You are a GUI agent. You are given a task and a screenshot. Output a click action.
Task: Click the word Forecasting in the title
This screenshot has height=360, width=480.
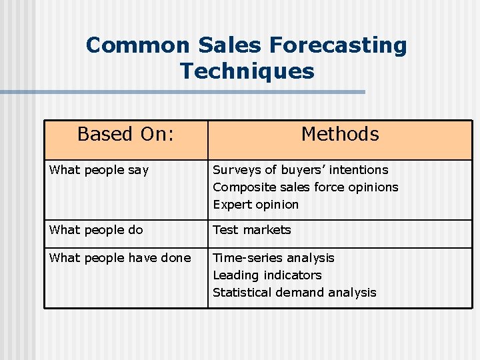pyautogui.click(x=338, y=45)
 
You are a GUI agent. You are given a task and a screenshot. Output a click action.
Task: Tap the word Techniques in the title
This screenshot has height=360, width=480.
pyautogui.click(x=247, y=71)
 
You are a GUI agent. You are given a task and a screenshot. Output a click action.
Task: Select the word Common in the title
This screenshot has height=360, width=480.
pyautogui.click(x=138, y=45)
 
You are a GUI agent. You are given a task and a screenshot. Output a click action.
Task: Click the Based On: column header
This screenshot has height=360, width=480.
pyautogui.click(x=125, y=134)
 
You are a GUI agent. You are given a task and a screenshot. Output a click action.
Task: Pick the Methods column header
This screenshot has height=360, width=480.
pyautogui.click(x=340, y=134)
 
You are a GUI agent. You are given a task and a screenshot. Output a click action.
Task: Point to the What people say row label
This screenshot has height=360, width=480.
pyautogui.click(x=99, y=170)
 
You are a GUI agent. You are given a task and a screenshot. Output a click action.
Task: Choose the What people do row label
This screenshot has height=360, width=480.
pyautogui.click(x=96, y=230)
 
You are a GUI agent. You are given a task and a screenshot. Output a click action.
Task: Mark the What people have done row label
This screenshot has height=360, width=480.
pyautogui.click(x=120, y=258)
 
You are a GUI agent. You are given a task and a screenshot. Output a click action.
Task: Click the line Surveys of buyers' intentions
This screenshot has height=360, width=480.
pyautogui.click(x=300, y=170)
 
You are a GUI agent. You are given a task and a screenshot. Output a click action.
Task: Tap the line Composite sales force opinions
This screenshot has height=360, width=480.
pyautogui.click(x=305, y=187)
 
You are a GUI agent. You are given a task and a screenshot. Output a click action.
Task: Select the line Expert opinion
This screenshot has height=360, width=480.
pyautogui.click(x=255, y=205)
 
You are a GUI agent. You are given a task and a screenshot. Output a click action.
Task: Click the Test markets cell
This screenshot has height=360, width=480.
pyautogui.click(x=252, y=230)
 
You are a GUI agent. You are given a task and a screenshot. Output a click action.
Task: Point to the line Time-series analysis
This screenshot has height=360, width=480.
pyautogui.click(x=273, y=258)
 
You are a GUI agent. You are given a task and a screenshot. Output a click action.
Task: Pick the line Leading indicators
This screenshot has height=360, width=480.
pyautogui.click(x=267, y=275)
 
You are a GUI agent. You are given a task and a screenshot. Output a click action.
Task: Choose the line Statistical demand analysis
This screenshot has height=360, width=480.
pyautogui.click(x=294, y=293)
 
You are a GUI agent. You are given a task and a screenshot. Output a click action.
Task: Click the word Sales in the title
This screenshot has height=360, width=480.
pyautogui.click(x=230, y=45)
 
